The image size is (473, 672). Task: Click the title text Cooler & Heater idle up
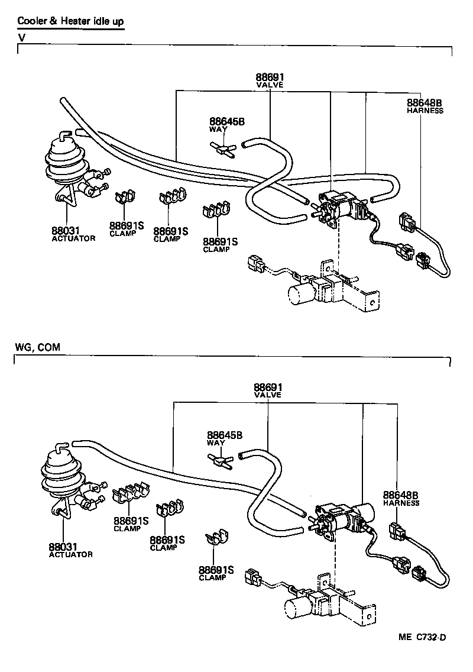click(70, 22)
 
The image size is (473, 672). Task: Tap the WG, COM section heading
click(37, 347)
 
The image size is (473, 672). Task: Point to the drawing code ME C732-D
click(421, 637)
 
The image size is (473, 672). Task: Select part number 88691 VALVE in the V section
click(270, 80)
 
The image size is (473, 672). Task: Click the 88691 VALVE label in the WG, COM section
click(268, 390)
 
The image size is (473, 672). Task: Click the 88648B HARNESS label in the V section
click(425, 106)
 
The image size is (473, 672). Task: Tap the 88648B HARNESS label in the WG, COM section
click(400, 499)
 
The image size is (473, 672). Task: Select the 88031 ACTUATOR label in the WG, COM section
click(70, 551)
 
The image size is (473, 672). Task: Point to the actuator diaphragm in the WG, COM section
click(59, 474)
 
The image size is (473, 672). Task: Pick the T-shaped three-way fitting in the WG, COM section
click(221, 461)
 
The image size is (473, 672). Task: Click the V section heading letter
click(21, 37)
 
